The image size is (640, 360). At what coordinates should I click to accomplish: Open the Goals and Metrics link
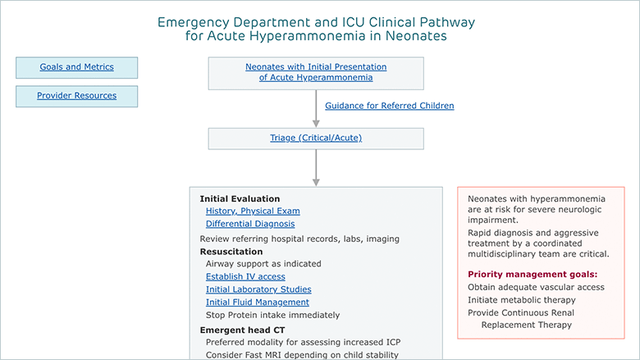pos(77,67)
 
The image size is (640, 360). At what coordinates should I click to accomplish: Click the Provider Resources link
pos(77,95)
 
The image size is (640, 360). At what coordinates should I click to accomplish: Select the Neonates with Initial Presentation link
pos(316,72)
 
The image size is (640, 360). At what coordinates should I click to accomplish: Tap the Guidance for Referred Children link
pos(390,106)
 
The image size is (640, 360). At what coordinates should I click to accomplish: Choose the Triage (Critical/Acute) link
pos(316,138)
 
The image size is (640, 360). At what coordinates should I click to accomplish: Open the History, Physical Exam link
pos(253,212)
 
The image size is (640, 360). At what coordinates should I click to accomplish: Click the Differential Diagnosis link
pos(250,224)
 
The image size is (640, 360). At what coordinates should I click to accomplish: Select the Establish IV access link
pos(245,277)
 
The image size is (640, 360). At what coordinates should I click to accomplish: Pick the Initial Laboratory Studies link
pos(258,289)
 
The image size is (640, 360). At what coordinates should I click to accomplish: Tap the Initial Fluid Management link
pos(257,302)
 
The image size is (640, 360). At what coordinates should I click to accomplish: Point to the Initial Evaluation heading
pos(240,199)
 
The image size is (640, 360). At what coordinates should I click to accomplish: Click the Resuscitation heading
pos(231,252)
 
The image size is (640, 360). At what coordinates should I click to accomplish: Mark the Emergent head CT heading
pos(242,330)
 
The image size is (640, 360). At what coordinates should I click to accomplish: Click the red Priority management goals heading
pos(533,275)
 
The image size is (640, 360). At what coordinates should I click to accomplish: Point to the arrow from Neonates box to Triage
pos(316,108)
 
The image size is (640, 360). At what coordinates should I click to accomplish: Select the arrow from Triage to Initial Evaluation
pos(316,168)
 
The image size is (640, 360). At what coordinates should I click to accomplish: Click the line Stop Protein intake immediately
pos(272,315)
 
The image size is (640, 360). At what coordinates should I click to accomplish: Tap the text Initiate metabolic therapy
pos(522,300)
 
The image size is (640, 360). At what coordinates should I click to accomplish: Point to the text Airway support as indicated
pos(263,264)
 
